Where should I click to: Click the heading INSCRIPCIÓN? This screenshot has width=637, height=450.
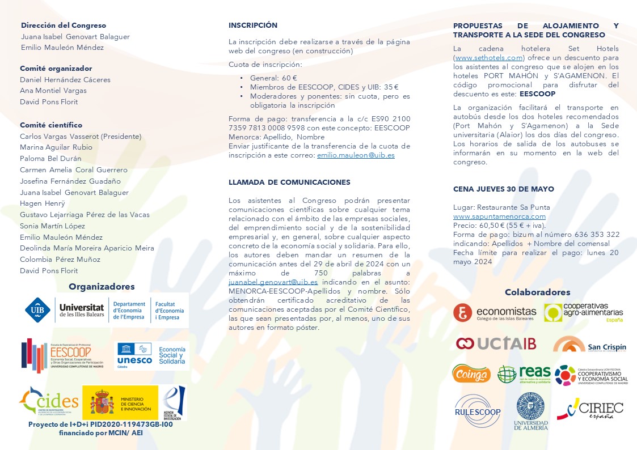(x=253, y=26)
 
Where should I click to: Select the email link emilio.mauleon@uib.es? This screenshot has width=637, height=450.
(x=356, y=155)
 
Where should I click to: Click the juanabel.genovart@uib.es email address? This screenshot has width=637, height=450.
(x=273, y=282)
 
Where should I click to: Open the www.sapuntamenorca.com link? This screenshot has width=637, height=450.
(x=499, y=216)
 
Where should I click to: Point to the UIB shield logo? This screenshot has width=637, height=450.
(x=38, y=310)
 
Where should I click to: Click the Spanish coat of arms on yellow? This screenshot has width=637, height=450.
(x=102, y=402)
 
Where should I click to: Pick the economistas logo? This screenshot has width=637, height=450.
(x=495, y=312)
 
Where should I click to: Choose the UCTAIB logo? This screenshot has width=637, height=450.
(x=496, y=343)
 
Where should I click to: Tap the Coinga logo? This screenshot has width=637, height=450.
(x=471, y=373)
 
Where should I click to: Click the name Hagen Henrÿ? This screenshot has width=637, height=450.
(x=43, y=203)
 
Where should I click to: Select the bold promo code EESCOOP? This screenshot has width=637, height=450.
(x=537, y=94)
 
